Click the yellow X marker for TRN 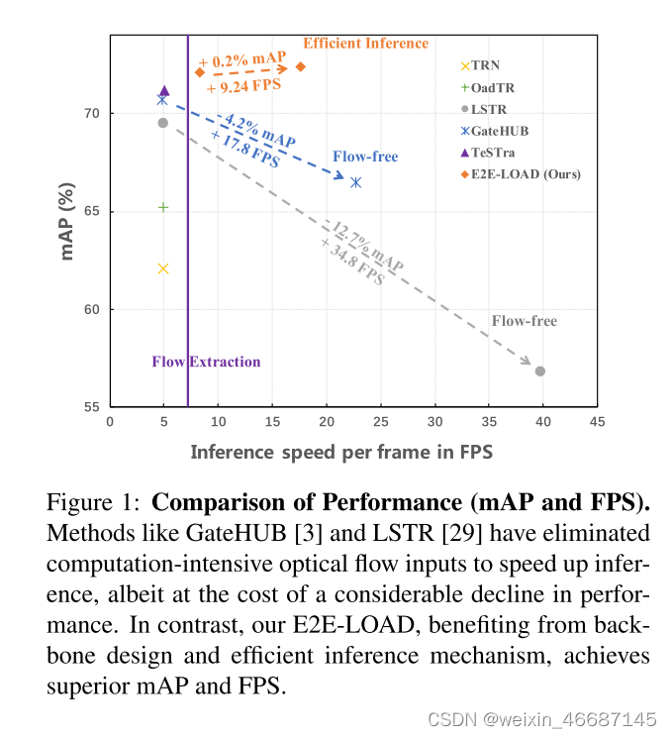(x=163, y=268)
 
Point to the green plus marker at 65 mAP (x=163, y=207)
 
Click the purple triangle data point (x=164, y=91)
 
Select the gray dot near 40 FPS (x=540, y=370)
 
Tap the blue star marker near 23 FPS (x=355, y=182)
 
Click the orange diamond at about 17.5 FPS (x=301, y=66)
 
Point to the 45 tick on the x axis (x=596, y=422)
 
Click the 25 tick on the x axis (x=379, y=422)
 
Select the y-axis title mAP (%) (x=68, y=220)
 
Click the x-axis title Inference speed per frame (x=341, y=452)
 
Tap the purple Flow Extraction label (x=206, y=362)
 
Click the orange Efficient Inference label (x=365, y=44)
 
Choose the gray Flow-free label (x=524, y=321)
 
